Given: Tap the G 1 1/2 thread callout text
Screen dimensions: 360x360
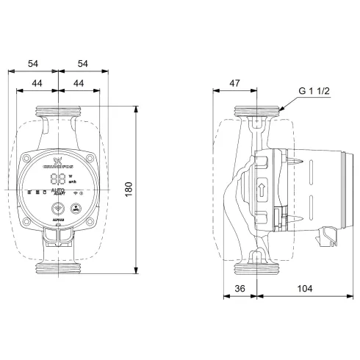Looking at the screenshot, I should click(x=314, y=91).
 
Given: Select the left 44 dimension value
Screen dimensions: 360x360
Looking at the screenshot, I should click(x=37, y=84).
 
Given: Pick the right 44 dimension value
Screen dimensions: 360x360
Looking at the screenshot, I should click(x=77, y=84).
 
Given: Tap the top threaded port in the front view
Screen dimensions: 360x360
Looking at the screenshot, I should click(x=57, y=113).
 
